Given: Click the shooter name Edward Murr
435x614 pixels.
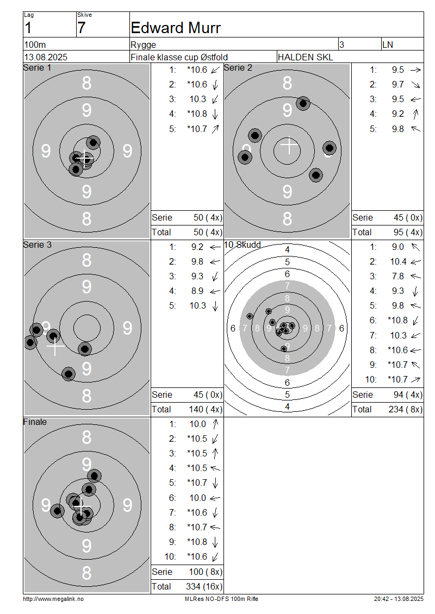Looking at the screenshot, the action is (176, 28).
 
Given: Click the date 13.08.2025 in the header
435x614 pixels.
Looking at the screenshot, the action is (46, 57).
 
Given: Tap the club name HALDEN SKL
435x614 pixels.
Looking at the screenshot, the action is (305, 57).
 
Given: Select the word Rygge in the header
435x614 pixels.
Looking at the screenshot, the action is (144, 45).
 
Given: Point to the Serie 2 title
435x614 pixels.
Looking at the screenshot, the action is (238, 68).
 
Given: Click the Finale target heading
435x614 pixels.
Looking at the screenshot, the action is (35, 422).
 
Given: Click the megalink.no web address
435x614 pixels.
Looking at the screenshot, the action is (53, 599).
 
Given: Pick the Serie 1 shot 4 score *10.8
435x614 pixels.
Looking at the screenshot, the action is (197, 114).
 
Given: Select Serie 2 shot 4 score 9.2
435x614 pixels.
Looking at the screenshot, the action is (398, 114).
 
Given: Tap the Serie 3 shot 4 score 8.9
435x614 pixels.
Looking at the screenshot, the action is (197, 291).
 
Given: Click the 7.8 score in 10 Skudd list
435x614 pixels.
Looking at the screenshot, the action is (398, 277).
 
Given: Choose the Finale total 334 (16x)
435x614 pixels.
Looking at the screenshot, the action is (204, 586).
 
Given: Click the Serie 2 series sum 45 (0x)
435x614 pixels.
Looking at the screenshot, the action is (408, 218).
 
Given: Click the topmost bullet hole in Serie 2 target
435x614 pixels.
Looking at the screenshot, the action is (303, 103).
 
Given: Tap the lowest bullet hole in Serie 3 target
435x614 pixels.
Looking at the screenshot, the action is (69, 374).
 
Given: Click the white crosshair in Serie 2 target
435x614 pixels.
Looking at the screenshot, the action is (289, 145).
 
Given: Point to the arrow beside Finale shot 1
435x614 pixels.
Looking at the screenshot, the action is (215, 424).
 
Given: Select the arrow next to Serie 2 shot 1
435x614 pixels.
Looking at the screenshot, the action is (415, 70).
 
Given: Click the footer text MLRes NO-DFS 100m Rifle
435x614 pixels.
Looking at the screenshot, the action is (221, 599).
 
